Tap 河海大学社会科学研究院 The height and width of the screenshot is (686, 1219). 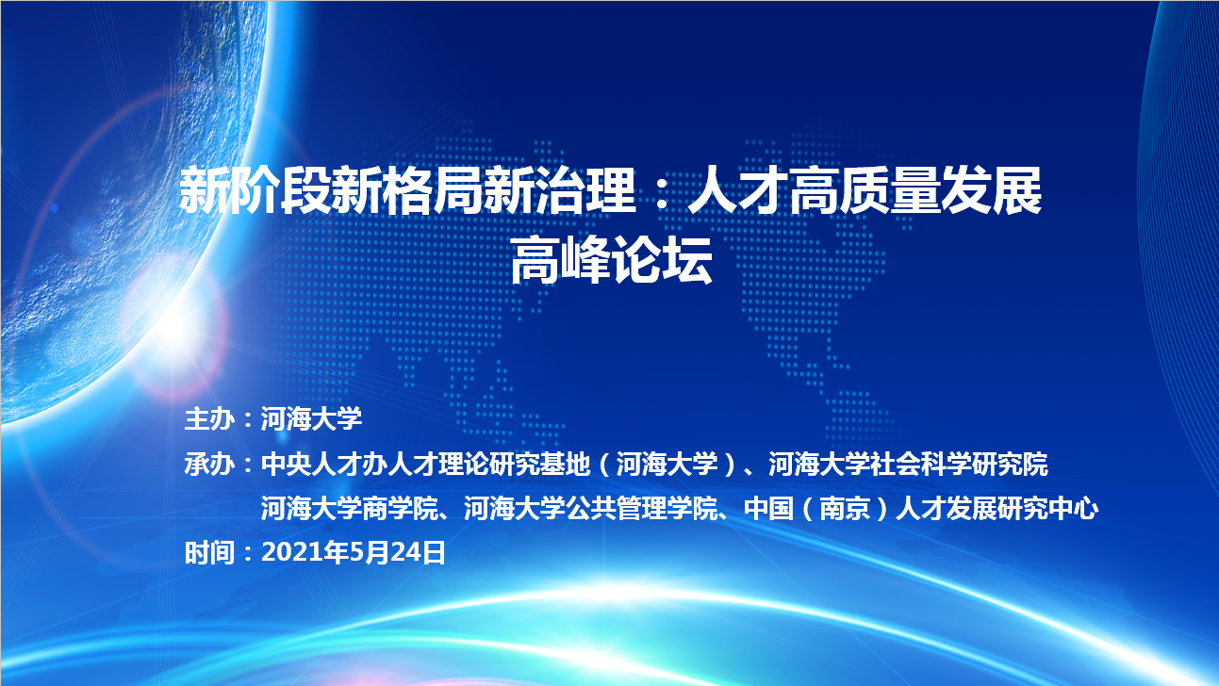(x=908, y=465)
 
